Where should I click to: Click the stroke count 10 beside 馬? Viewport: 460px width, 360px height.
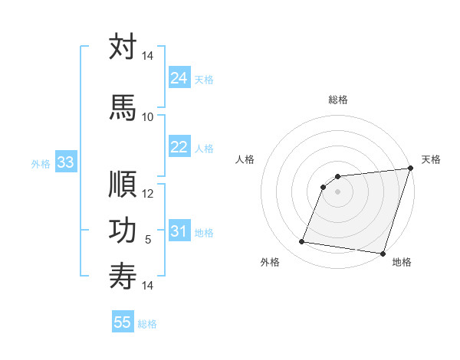[148, 116]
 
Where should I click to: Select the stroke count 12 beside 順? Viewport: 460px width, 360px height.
[148, 194]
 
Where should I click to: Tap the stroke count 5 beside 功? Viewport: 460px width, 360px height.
[148, 240]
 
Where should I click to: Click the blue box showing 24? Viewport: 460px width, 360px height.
[179, 78]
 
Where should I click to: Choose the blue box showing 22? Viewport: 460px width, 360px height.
[179, 147]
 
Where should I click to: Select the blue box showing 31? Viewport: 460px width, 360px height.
[179, 231]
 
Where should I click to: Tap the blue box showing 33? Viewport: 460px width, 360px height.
[65, 162]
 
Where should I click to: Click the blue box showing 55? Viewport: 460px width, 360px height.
[123, 322]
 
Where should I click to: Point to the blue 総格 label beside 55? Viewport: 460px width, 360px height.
[147, 324]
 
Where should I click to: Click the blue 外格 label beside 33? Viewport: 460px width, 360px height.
[41, 163]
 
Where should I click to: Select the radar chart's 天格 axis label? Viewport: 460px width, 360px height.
[431, 159]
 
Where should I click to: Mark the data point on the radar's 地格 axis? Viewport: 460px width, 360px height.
[382, 254]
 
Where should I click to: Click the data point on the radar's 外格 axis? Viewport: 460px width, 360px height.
[302, 242]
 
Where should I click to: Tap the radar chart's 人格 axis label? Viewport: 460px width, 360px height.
[245, 159]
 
